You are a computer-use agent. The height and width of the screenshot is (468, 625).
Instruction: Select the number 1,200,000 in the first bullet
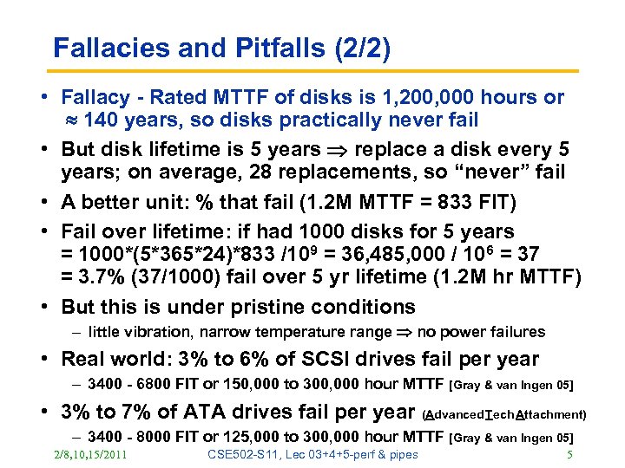[x=410, y=98]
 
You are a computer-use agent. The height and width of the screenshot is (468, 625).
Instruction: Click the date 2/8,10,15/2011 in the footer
[x=89, y=455]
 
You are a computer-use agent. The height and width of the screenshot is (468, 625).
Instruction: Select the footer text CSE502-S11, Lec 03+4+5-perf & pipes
[x=313, y=455]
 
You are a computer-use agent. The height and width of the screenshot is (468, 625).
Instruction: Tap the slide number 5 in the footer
[x=569, y=455]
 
